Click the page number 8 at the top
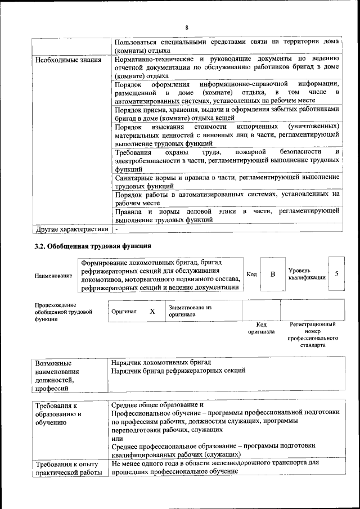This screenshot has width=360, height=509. tap(186, 28)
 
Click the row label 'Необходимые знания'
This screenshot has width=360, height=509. tap(68, 60)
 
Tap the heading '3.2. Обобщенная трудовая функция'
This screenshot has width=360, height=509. tap(93, 246)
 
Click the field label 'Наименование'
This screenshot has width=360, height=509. tap(53, 276)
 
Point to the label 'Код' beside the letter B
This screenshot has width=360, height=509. tap(251, 274)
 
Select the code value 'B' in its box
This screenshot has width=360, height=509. tap(273, 274)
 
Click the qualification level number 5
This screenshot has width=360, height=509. tap(336, 274)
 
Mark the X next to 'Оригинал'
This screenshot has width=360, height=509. tap(152, 311)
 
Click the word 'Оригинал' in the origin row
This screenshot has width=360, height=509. tap(124, 311)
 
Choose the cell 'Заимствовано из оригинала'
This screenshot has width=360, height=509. tap(190, 311)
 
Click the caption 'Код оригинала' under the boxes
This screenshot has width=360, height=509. tap(261, 328)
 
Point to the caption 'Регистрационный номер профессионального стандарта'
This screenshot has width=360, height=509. tap(313, 335)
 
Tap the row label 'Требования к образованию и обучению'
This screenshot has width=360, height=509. tap(58, 415)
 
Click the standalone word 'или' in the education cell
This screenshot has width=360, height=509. tap(117, 438)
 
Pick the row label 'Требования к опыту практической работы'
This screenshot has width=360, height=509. tap(66, 468)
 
